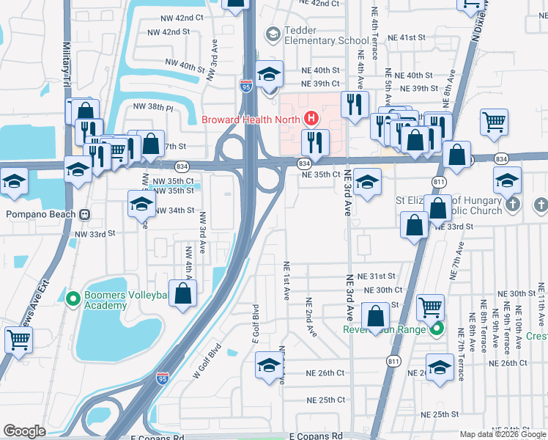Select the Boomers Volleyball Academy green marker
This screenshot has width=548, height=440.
pyautogui.click(x=73, y=298)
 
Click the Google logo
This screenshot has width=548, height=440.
pyautogui.click(x=24, y=431)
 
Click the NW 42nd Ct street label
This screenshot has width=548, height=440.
pyautogui.click(x=179, y=17)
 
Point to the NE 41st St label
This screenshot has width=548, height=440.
pyautogui.click(x=406, y=37)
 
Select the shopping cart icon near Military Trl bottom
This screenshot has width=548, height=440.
pyautogui.click(x=18, y=339)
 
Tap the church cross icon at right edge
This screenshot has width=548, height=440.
pyautogui.click(x=540, y=204)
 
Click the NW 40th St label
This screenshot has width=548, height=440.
pyautogui.click(x=185, y=66)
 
